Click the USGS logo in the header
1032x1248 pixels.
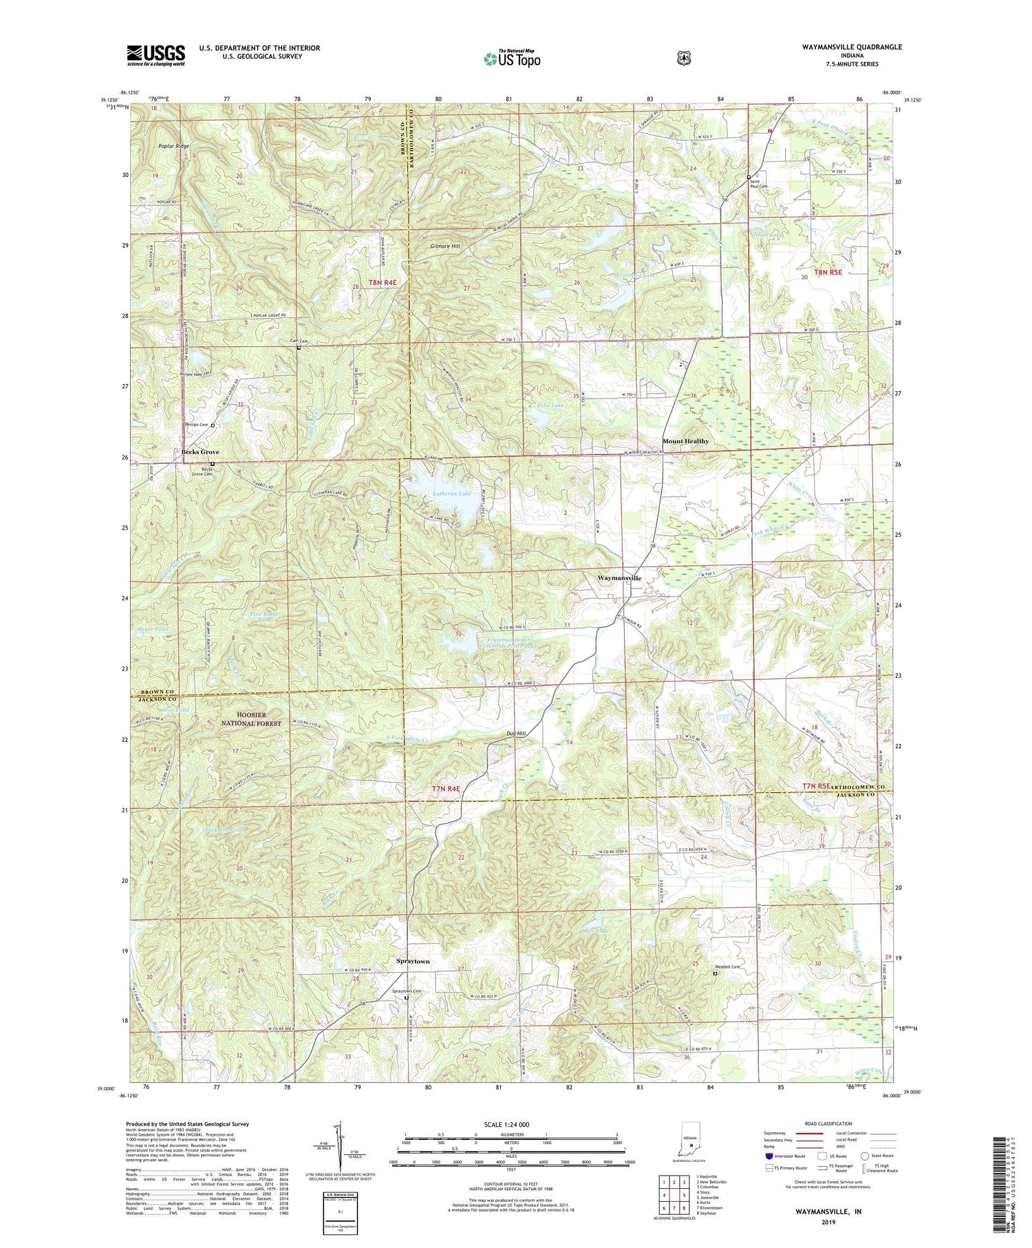click(155, 55)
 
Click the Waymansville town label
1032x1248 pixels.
click(619, 578)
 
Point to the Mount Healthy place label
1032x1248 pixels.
click(685, 441)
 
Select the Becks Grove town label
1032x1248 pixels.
click(200, 452)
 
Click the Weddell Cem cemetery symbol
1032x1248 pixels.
click(715, 973)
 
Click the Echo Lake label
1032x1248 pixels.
click(551, 406)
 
